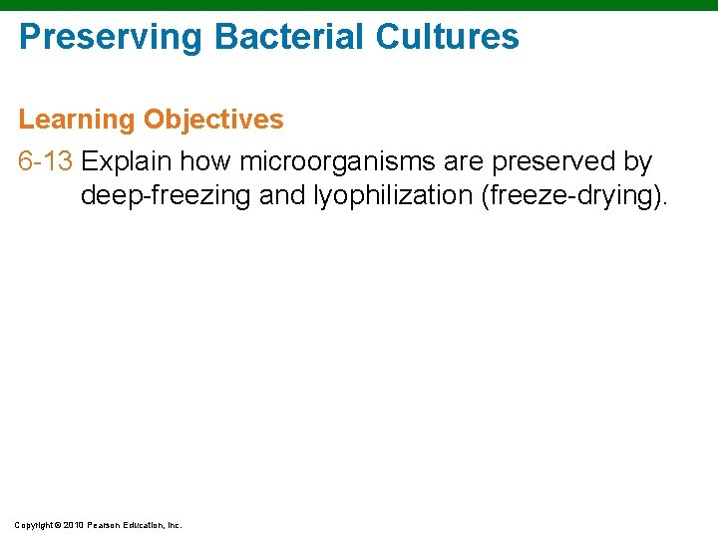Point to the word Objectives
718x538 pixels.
pos(213,121)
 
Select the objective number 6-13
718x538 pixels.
pos(46,161)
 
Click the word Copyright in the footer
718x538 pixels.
pos(36,524)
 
